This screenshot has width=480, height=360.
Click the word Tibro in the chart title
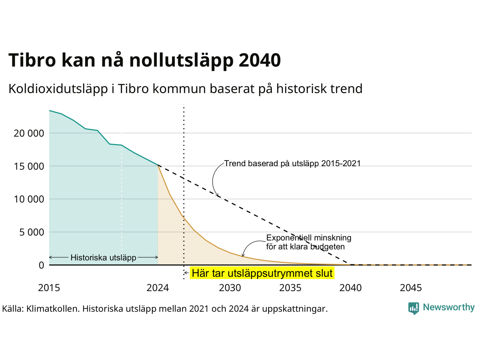(32, 60)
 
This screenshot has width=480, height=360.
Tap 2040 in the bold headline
(260, 60)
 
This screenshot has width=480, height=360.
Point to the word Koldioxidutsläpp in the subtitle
(58, 89)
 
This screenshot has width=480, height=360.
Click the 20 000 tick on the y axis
(29, 133)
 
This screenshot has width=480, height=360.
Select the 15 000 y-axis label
(29, 166)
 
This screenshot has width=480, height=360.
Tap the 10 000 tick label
(29, 199)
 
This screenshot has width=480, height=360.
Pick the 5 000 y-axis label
(32, 232)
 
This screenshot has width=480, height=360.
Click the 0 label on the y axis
(41, 265)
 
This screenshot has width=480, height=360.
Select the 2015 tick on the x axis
(49, 288)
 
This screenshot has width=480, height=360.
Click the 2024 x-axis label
(157, 288)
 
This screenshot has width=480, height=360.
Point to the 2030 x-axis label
(230, 288)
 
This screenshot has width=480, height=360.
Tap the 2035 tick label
(290, 288)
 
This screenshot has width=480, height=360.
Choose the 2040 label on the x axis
(351, 288)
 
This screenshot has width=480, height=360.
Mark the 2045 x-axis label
(411, 288)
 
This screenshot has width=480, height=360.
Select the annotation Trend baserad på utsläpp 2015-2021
(292, 163)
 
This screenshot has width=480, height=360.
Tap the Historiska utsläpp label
(103, 258)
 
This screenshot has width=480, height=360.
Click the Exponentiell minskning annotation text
(309, 238)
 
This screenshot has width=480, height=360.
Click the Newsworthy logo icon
(414, 308)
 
